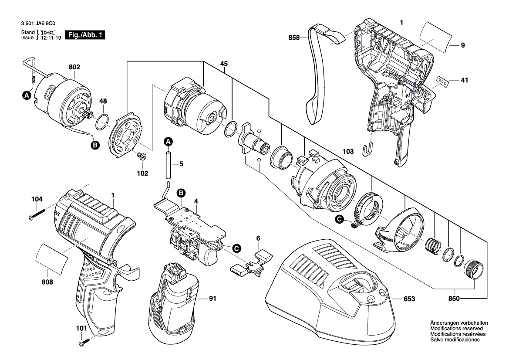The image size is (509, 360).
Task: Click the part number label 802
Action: [x=74, y=68]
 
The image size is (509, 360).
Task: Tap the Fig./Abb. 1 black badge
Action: [x=84, y=35]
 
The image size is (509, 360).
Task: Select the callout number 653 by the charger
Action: [x=409, y=299]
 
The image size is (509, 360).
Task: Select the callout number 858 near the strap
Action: [x=294, y=38]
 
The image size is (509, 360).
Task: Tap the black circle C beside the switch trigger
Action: [x=236, y=248]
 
